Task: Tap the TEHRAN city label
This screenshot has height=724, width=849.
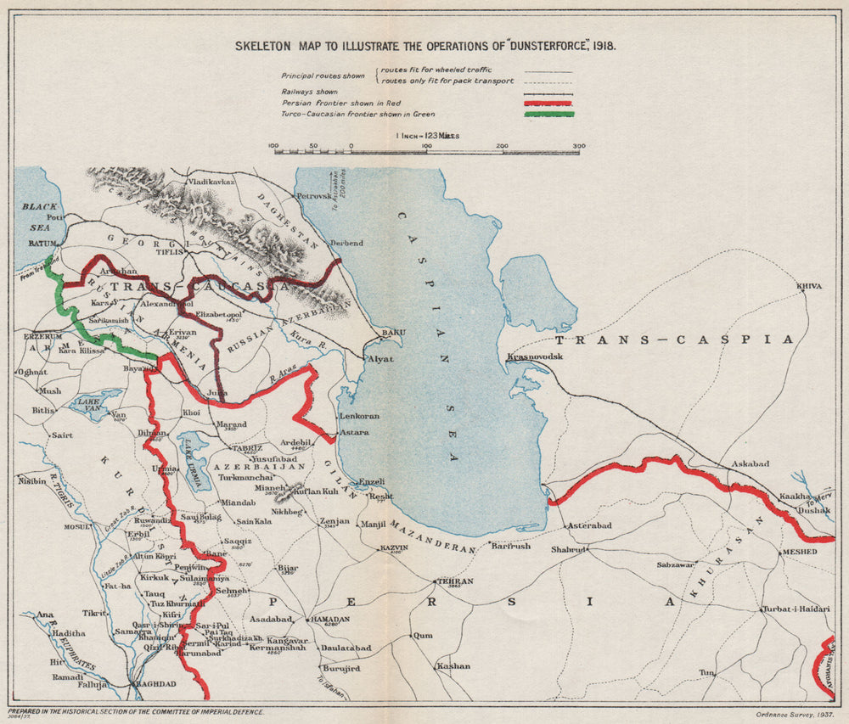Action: click(453, 581)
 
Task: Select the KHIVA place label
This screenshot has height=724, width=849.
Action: click(809, 286)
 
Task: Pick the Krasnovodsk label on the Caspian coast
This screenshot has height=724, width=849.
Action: click(536, 356)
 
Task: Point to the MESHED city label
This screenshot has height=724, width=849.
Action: click(799, 552)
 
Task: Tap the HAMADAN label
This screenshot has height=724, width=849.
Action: click(330, 620)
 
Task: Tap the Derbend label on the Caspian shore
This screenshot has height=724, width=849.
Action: click(346, 243)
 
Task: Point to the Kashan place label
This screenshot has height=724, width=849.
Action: click(453, 665)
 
